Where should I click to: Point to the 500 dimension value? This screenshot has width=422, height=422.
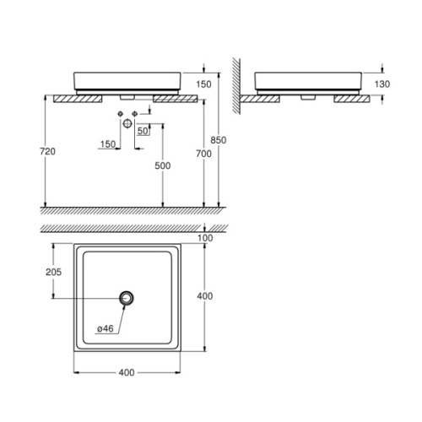[x=162, y=166]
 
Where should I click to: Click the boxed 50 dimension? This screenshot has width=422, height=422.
[x=143, y=132]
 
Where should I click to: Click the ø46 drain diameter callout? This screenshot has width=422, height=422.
[x=106, y=328]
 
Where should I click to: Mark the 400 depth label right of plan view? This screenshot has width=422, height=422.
[x=206, y=296]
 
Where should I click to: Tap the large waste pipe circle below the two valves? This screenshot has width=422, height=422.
[x=127, y=124]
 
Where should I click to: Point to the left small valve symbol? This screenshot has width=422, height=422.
[x=122, y=111]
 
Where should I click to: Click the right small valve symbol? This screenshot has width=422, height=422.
[x=134, y=111]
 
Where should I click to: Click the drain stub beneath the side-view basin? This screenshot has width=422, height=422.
[x=306, y=95]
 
